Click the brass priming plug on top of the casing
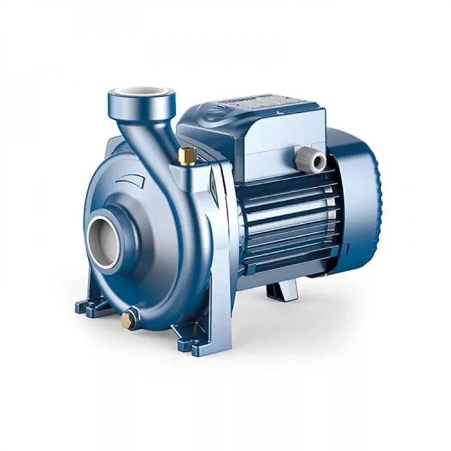185,156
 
